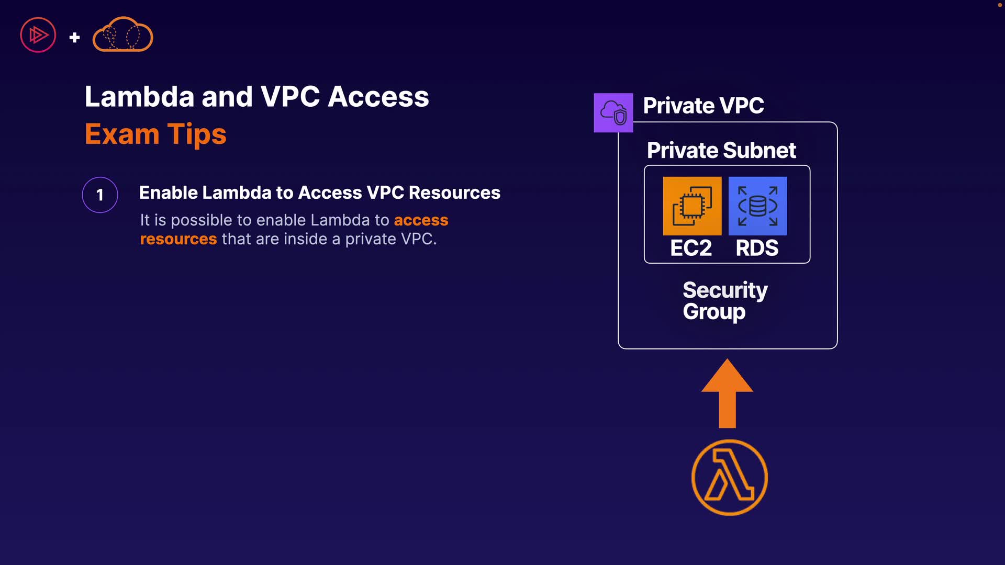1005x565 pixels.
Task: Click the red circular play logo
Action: pyautogui.click(x=38, y=35)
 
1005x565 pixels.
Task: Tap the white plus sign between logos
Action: pyautogui.click(x=74, y=37)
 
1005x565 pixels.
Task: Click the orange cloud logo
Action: pyautogui.click(x=122, y=35)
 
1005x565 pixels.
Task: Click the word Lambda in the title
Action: pyautogui.click(x=139, y=97)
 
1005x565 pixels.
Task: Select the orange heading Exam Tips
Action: pyautogui.click(x=155, y=134)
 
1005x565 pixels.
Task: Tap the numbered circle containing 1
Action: pyautogui.click(x=100, y=195)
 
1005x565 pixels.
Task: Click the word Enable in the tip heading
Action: pyautogui.click(x=168, y=193)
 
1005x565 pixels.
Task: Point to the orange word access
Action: pyautogui.click(x=421, y=220)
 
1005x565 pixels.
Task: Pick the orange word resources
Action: pyautogui.click(x=178, y=239)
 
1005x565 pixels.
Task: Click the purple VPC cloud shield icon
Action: pyautogui.click(x=613, y=112)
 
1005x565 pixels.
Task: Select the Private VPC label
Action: pyautogui.click(x=703, y=106)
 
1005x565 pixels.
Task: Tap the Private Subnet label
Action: pyautogui.click(x=721, y=151)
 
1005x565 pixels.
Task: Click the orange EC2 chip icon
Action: pyautogui.click(x=692, y=206)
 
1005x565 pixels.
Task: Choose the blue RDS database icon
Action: pyautogui.click(x=757, y=206)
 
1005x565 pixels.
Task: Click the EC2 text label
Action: pyautogui.click(x=691, y=248)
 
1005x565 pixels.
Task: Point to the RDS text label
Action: pyautogui.click(x=757, y=248)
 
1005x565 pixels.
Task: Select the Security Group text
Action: pyautogui.click(x=724, y=301)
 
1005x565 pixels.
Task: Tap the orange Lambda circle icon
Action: pyautogui.click(x=729, y=478)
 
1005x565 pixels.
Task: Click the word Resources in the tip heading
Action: pyautogui.click(x=454, y=193)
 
